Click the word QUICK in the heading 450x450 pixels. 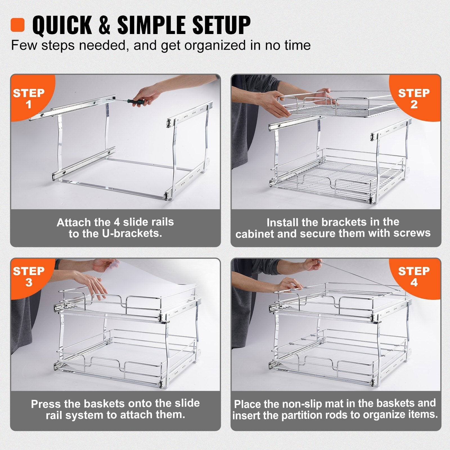[62, 25]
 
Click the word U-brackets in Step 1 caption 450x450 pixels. [132, 233]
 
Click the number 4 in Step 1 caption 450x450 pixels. [117, 222]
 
